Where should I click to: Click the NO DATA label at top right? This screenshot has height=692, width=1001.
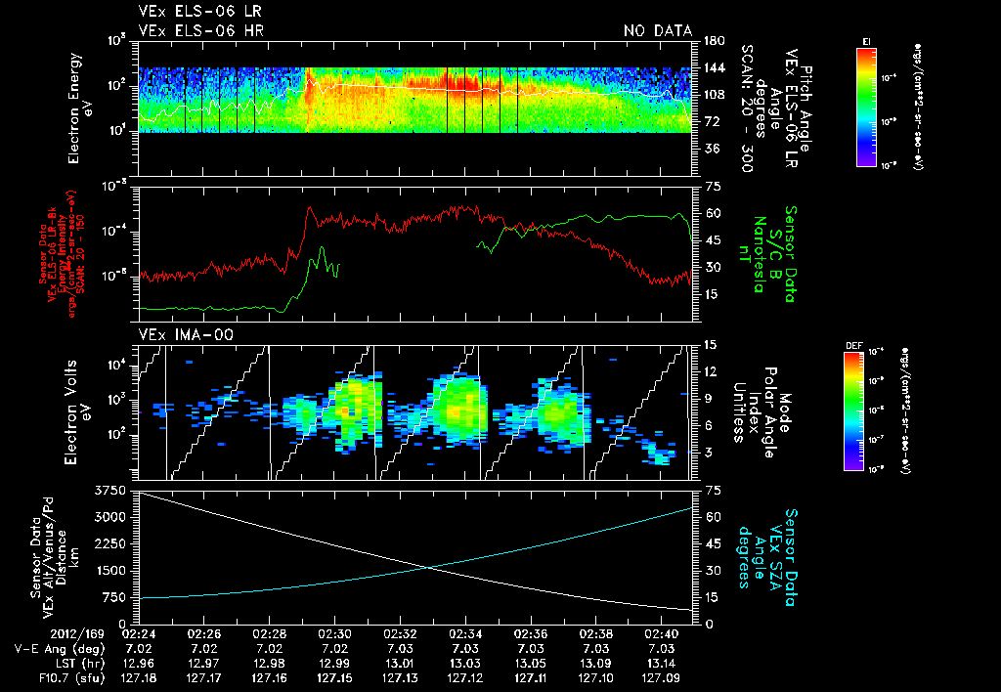tap(657, 31)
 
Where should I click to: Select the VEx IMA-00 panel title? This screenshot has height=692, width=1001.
tap(180, 334)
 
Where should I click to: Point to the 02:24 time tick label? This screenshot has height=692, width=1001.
tap(138, 634)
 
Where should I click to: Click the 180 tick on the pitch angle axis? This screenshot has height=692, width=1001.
tap(712, 41)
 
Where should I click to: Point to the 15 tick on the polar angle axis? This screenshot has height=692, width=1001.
tap(712, 345)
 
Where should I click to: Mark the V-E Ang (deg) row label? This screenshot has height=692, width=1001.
tap(59, 648)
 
